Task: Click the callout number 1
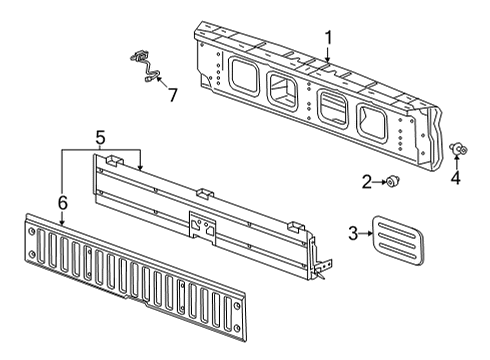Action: (x=327, y=39)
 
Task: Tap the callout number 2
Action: (x=366, y=181)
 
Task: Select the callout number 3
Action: (x=353, y=234)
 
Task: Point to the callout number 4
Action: (x=455, y=179)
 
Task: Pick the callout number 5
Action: (x=99, y=134)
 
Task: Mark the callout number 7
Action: (x=172, y=95)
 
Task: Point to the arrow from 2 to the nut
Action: (x=380, y=181)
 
